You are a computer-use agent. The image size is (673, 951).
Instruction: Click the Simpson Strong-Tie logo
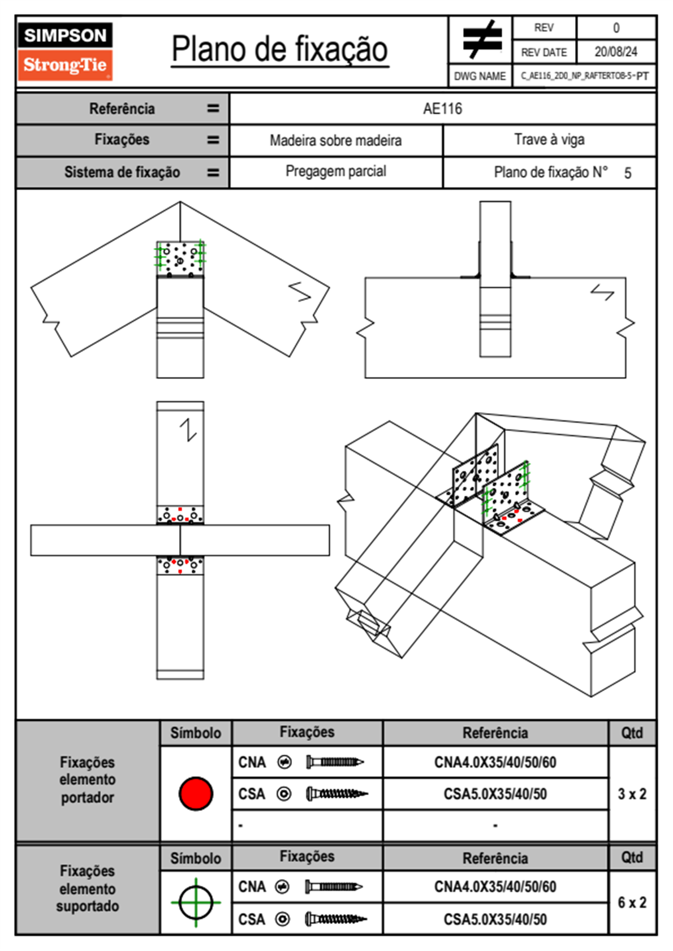coord(65,51)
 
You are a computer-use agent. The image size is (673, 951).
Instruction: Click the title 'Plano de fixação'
coord(280,50)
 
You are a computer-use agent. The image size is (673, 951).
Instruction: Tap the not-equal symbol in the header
coord(482,39)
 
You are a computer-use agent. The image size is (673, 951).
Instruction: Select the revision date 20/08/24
coord(616,52)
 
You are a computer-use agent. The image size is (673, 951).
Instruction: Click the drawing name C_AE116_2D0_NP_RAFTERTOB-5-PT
coord(585,76)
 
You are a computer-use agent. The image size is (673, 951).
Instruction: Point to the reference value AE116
coord(442,109)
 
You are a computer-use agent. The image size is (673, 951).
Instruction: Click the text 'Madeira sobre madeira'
coord(335,140)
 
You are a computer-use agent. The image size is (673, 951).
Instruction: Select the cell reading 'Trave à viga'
coord(550,140)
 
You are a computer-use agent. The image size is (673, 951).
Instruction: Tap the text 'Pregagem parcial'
coord(336,171)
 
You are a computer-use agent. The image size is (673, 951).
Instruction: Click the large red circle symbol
coord(196,793)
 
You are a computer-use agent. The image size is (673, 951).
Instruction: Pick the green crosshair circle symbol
coord(196,902)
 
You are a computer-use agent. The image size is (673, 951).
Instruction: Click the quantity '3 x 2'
coord(632,794)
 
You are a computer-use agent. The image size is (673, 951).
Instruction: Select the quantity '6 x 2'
coord(632,902)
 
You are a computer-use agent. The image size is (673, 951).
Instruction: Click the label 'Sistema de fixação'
coord(122,172)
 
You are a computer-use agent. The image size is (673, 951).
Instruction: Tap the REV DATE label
coord(544,52)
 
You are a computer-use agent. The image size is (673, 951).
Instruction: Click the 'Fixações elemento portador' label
coord(88,780)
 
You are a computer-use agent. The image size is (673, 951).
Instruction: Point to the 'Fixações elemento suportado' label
coord(88,889)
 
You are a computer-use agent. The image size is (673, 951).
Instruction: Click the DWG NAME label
coord(480,76)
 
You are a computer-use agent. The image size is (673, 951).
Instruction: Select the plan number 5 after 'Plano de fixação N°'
coord(628,173)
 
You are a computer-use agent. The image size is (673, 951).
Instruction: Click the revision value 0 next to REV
coord(616,28)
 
